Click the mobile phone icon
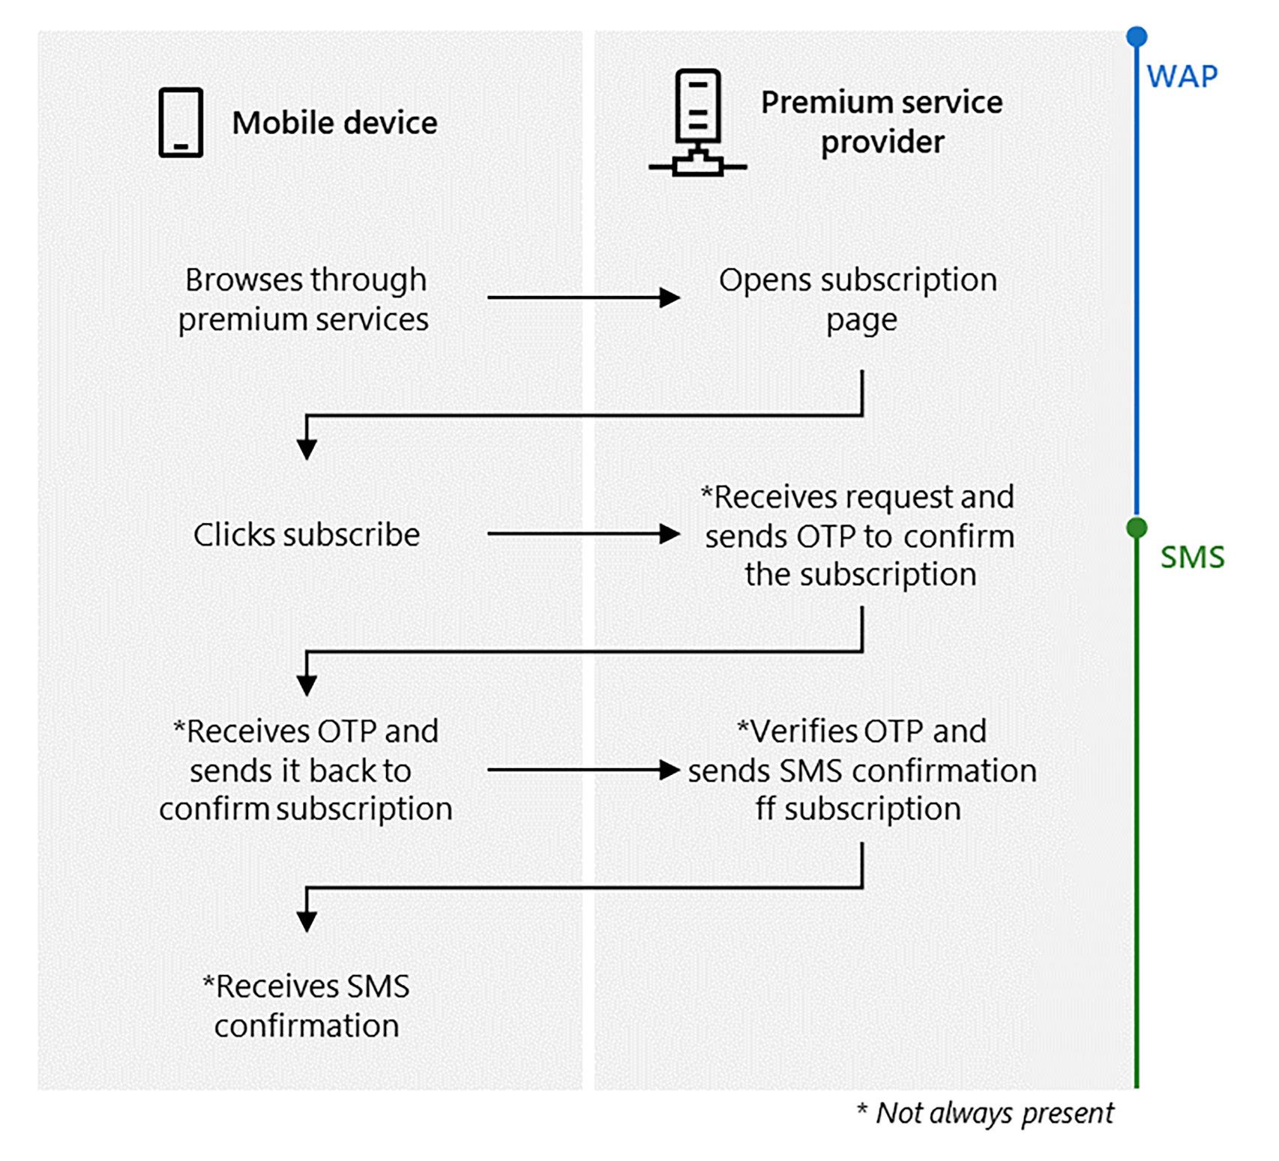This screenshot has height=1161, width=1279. pyautogui.click(x=181, y=122)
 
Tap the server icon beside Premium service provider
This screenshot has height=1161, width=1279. pyautogui.click(x=697, y=122)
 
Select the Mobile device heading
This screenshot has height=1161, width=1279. pyautogui.click(x=334, y=123)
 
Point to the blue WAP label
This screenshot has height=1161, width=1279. pyautogui.click(x=1182, y=76)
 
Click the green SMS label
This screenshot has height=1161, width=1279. pyautogui.click(x=1192, y=558)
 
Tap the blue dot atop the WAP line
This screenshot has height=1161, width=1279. pyautogui.click(x=1137, y=36)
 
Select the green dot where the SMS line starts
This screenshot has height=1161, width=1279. pyautogui.click(x=1137, y=528)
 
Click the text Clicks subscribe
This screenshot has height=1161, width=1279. pyautogui.click(x=307, y=535)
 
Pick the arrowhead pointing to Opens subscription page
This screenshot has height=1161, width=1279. pyautogui.click(x=669, y=298)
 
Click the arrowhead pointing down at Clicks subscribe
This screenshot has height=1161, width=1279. pyautogui.click(x=307, y=449)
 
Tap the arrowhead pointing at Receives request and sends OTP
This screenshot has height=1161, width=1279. pyautogui.click(x=669, y=534)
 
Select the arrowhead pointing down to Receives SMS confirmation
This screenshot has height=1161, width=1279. pyautogui.click(x=307, y=921)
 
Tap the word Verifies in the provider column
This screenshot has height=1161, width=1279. pyautogui.click(x=804, y=732)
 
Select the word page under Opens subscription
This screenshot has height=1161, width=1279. pyautogui.click(x=861, y=321)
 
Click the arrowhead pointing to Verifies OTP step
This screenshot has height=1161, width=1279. pyautogui.click(x=669, y=770)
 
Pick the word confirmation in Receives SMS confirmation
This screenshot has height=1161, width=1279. pyautogui.click(x=307, y=1026)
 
